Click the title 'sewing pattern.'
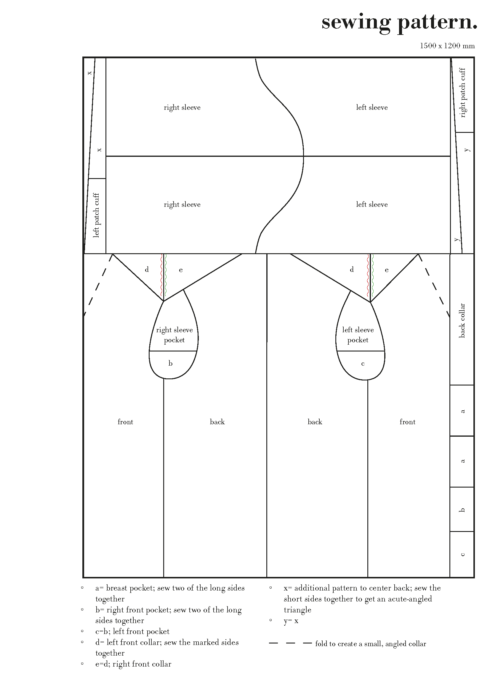[399, 23]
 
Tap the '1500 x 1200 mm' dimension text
[447, 46]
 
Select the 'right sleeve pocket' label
[174, 335]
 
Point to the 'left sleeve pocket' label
[358, 335]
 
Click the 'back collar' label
[462, 320]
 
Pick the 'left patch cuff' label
[96, 215]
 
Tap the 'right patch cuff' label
[462, 93]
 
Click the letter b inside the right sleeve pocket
[170, 363]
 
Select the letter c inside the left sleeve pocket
[363, 364]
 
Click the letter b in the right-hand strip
[462, 510]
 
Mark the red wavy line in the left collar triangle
[161, 275]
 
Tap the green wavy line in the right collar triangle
[373, 275]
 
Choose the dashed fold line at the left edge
[98, 285]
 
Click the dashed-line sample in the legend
[290, 643]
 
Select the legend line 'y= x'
[291, 621]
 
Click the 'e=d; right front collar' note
[133, 664]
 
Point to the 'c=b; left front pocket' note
[132, 631]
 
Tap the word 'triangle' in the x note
[297, 610]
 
